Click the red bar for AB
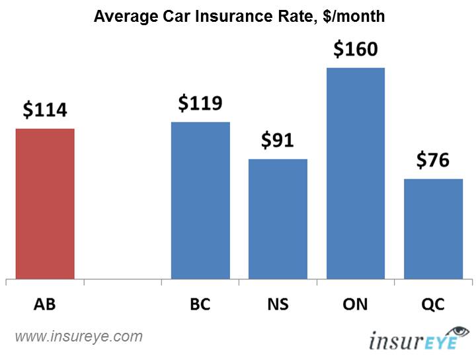coord(45,203)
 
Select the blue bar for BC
coord(200,200)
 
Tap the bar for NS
coord(278,218)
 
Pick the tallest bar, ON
coord(356,173)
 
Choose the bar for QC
coord(433,228)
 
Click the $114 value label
coord(45,110)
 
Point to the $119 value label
coord(200,103)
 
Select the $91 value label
coord(278,140)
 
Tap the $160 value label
coord(356,49)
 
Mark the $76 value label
coord(433,160)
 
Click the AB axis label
coord(45,305)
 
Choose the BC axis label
coord(200,305)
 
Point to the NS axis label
coord(278,305)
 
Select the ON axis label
coord(356,305)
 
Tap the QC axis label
coord(433,305)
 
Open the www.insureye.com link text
coord(79,337)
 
